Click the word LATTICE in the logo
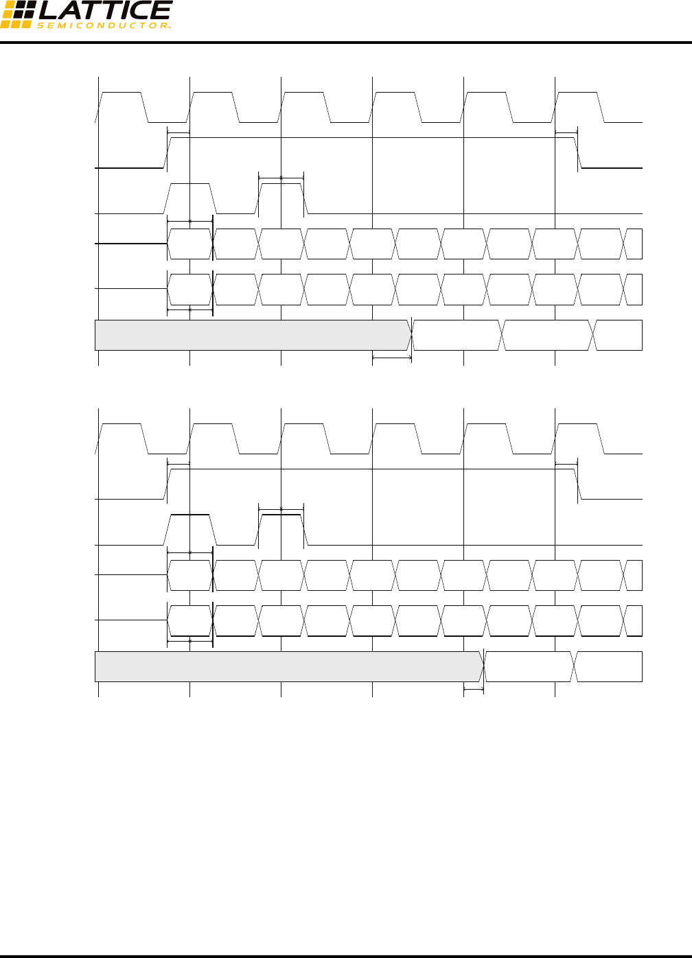point(104,10)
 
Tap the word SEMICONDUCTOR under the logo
point(103,26)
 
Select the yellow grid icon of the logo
point(16,14)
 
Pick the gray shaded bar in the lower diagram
point(288,666)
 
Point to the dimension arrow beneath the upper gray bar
point(392,358)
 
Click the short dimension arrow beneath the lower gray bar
point(474,689)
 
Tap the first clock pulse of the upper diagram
point(122,107)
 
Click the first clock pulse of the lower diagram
point(122,439)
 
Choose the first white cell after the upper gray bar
point(457,335)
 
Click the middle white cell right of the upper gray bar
point(548,335)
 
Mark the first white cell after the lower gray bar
point(529,666)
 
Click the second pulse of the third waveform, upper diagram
point(281,198)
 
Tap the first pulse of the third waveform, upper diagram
point(190,198)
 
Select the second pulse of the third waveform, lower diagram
point(281,529)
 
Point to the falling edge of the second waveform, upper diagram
point(579,152)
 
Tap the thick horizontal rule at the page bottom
point(346,955)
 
